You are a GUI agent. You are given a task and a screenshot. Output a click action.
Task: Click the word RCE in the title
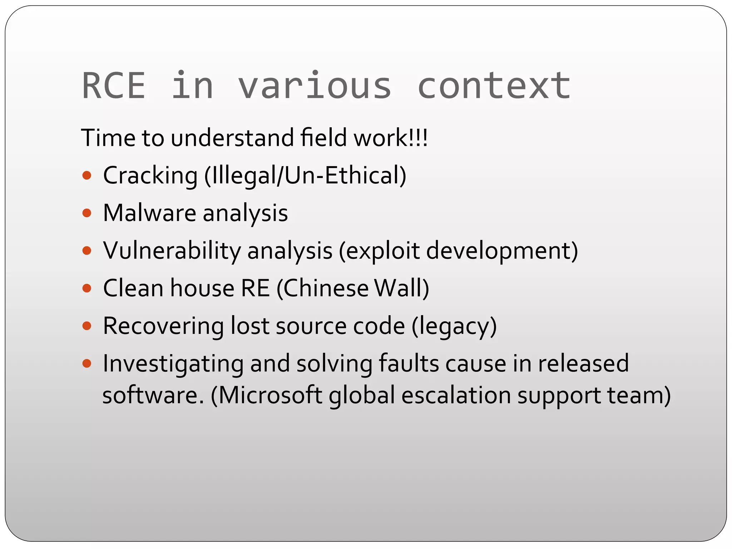point(114,86)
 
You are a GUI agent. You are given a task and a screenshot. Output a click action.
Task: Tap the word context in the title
point(494,86)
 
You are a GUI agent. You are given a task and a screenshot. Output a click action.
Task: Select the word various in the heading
point(315,86)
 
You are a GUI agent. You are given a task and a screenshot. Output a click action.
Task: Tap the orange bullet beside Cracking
point(87,175)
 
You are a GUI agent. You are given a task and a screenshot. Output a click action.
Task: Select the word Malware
point(149,213)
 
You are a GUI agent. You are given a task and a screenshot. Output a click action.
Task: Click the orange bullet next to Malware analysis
point(87,213)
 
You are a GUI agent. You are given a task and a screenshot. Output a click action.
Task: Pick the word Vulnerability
point(172,251)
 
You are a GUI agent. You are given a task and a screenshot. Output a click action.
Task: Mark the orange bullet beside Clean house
point(87,288)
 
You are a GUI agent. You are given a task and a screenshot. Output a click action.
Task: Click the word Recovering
point(163,326)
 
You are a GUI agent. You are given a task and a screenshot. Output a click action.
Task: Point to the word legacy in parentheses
point(454,327)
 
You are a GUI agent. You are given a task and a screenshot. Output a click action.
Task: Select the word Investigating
point(173,364)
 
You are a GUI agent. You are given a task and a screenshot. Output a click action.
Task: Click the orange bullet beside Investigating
point(87,364)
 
